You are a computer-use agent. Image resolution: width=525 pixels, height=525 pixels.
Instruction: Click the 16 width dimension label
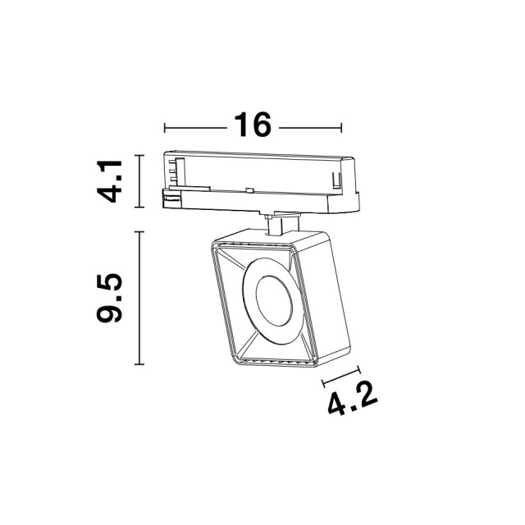(x=253, y=125)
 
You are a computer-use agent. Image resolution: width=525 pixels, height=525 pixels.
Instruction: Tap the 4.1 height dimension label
(x=109, y=181)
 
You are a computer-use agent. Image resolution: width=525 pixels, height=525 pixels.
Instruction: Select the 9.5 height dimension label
(x=109, y=298)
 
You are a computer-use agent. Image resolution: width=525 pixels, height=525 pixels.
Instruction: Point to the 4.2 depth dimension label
(x=353, y=398)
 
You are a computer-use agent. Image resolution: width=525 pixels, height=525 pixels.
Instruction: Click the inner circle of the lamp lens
(x=274, y=301)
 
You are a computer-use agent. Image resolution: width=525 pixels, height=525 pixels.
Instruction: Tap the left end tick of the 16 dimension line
(x=164, y=128)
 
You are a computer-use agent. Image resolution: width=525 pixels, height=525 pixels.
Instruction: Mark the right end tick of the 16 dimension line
(x=341, y=128)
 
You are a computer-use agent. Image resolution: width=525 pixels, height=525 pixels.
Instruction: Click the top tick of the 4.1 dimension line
(x=139, y=155)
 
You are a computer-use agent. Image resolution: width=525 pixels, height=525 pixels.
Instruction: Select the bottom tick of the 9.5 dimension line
(x=139, y=364)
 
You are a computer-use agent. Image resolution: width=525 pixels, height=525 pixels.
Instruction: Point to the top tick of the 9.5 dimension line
(x=139, y=231)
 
